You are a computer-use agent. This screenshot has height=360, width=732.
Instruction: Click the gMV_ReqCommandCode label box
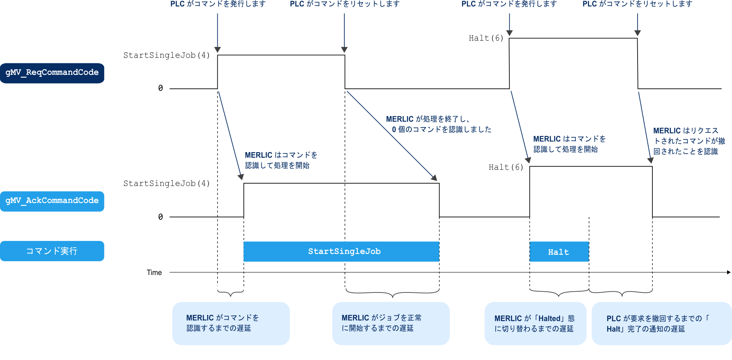coord(52,73)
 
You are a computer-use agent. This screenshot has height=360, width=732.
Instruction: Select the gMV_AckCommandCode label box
coord(52,201)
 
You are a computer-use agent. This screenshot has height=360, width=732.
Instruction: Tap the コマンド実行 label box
coord(52,251)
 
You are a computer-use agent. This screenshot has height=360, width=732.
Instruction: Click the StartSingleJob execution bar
coord(341,252)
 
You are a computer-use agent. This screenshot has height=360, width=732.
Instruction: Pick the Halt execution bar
coord(559,252)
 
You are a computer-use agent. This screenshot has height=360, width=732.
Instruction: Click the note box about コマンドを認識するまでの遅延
coord(231,323)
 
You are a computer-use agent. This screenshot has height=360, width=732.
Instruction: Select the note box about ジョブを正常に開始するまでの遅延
coord(391,323)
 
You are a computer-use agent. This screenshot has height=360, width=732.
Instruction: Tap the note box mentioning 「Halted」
coord(535,324)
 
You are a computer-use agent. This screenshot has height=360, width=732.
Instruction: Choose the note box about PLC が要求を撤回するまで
coord(661,324)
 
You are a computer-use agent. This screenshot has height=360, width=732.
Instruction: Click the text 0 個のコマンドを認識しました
coord(442,129)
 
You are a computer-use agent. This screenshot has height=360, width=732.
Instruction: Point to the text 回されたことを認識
coord(685,151)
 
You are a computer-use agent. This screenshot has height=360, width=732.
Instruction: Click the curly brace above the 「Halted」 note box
coord(559,292)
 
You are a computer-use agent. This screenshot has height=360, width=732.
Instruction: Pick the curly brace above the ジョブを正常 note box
coord(393,293)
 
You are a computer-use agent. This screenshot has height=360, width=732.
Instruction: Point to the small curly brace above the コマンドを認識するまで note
coord(231,292)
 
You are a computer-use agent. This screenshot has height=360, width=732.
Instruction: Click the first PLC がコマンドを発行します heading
coord(218,4)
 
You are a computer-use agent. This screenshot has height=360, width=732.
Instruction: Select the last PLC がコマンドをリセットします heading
coord(637,4)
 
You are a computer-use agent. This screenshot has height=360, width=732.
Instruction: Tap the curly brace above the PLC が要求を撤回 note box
coord(621,292)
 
